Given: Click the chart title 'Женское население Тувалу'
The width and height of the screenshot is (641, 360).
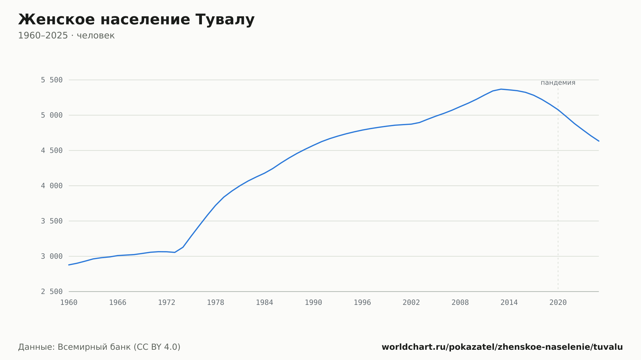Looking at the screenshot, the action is pos(136,20).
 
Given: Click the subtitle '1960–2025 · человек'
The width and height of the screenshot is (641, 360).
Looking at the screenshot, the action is pos(66,36).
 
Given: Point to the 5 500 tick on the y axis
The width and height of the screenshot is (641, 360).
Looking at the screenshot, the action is pos(52,80).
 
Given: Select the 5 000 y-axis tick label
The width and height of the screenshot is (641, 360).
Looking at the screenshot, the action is pos(52,115).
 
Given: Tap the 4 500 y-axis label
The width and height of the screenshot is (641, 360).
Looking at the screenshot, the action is pos(52,151).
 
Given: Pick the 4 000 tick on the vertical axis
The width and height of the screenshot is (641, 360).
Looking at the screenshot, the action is pos(52,186).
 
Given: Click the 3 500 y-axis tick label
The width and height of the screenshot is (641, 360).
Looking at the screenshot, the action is pos(52,221).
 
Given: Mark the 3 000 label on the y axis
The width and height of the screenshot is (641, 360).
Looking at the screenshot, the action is pos(52,256).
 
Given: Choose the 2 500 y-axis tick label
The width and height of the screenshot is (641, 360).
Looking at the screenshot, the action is pos(52,291).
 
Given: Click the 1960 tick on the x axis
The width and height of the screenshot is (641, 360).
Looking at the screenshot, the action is pos(69,303).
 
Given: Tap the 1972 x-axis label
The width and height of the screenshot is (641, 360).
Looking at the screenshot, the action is pos(167,303).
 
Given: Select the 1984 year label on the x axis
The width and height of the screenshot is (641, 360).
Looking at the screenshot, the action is pos(264,303).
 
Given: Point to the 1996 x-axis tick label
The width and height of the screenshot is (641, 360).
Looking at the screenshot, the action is pos(362,303).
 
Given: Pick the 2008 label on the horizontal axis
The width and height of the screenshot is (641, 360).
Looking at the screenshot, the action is pos(460,303).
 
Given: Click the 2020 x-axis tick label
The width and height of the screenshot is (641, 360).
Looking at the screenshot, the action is pos(558,303).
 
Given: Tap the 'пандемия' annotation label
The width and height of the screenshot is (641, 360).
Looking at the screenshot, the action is pos(558,83).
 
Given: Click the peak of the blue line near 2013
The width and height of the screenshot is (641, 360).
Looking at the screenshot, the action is pos(501,89).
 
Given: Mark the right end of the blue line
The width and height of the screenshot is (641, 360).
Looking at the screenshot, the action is pos(599,141).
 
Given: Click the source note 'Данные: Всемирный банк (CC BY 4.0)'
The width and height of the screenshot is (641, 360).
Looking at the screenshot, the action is pos(99,347).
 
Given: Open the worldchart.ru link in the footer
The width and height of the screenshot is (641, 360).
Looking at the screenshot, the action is pos(502,347).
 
